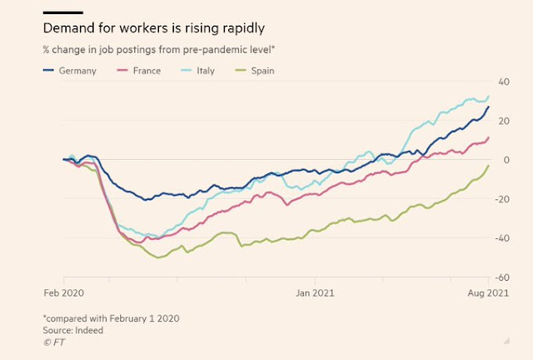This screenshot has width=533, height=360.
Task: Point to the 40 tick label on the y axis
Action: tap(504, 81)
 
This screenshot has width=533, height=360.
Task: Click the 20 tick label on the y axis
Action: tap(504, 120)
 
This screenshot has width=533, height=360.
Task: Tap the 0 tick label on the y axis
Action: tap(506, 159)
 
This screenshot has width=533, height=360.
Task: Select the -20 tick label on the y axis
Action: tap(502, 198)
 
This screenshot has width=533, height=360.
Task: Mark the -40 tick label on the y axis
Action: tap(502, 237)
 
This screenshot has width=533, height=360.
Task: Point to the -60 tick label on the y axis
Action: tap(502, 277)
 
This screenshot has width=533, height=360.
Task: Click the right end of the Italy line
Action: tap(488, 97)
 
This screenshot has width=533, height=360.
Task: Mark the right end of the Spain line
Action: tap(488, 166)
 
